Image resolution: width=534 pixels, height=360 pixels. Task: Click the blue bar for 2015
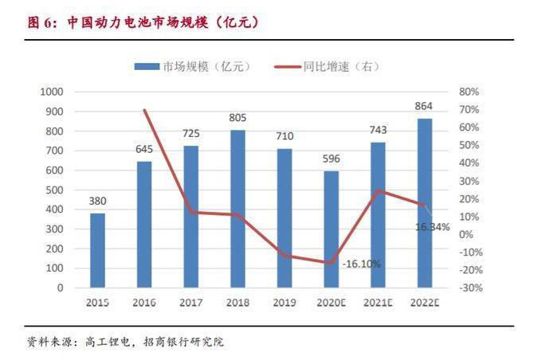point(97,250)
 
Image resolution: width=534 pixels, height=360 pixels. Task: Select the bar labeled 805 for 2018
point(237,209)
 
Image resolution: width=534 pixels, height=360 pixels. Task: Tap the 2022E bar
point(424,202)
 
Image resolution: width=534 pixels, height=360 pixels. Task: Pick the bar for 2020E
point(331,229)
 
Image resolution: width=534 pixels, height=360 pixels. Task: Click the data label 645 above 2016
point(143,149)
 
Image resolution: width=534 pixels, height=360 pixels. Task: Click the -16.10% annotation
point(361,264)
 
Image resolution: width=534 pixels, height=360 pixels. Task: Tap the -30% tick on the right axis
point(470,288)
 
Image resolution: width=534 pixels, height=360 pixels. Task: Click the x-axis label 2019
point(284,303)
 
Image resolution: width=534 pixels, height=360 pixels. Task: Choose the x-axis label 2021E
point(377,303)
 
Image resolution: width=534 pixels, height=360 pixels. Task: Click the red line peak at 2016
point(144,110)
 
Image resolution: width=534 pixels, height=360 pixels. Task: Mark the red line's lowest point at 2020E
point(331,262)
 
